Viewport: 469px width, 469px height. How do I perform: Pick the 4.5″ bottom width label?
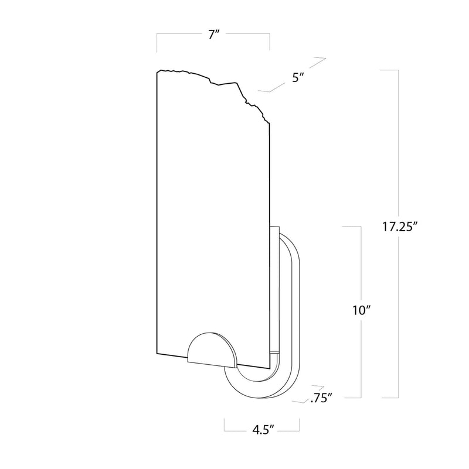click(261, 430)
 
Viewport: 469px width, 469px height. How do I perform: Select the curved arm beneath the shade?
click(246, 384)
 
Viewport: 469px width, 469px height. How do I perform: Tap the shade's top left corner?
click(158, 72)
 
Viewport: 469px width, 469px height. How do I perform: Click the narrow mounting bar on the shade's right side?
click(274, 293)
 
